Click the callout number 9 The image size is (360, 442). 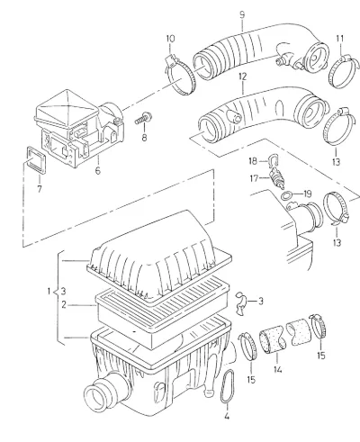242,15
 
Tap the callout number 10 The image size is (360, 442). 170,39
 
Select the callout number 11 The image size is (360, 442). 340,39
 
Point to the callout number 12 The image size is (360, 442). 242,77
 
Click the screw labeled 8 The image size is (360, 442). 143,119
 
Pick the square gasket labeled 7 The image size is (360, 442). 36,159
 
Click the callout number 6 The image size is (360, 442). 98,171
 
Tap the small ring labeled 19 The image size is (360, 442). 286,196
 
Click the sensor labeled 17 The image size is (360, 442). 278,179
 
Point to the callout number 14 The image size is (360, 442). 277,369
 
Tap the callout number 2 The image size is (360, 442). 64,305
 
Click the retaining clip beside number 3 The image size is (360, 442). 242,303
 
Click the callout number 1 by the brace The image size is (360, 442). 49,292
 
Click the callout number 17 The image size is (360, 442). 254,178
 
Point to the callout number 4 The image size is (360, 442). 227,416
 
